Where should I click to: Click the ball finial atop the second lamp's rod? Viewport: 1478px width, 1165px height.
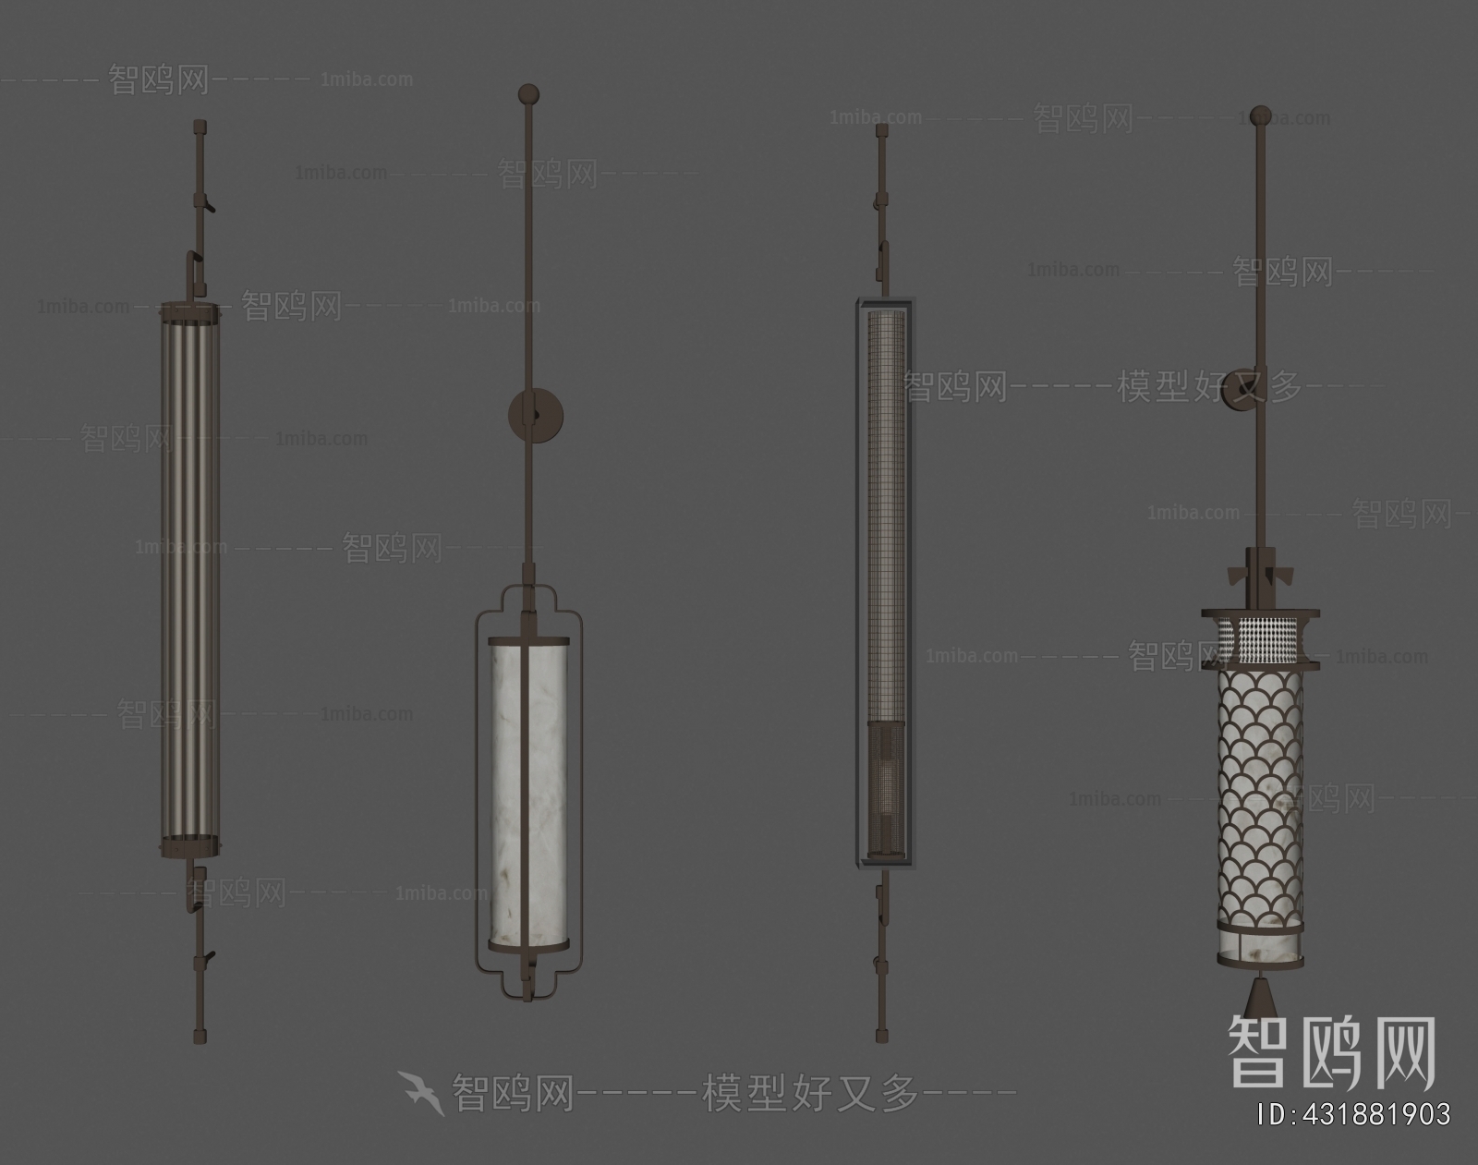[x=527, y=93]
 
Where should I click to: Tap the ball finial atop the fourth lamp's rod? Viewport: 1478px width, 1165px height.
[x=1259, y=115]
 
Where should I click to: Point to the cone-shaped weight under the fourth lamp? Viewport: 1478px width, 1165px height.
[x=1258, y=997]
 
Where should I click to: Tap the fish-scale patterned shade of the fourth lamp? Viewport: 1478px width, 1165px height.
[x=1258, y=785]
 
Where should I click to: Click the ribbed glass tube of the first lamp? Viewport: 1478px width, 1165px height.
[x=190, y=573]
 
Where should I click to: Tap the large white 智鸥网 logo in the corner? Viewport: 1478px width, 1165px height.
[x=1330, y=1053]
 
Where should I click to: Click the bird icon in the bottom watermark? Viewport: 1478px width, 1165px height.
[x=421, y=1092]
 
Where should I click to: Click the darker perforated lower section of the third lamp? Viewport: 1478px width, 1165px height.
[x=884, y=785]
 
